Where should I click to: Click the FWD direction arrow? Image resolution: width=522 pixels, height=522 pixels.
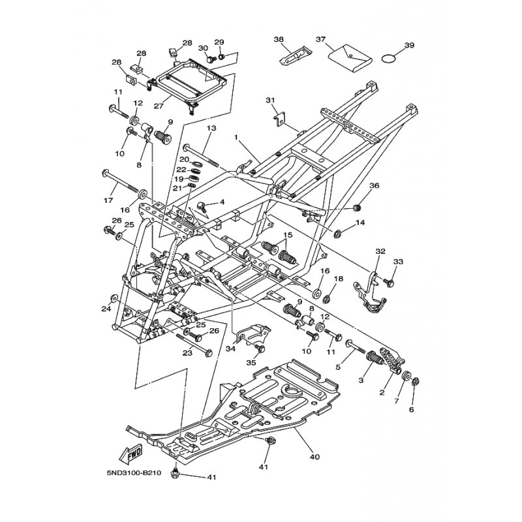click(x=130, y=453)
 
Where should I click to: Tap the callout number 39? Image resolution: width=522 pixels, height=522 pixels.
click(x=409, y=45)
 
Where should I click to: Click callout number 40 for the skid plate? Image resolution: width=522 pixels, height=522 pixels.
click(x=315, y=457)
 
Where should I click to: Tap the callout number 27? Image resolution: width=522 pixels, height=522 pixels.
click(x=159, y=106)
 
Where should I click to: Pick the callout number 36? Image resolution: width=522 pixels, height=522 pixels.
click(x=375, y=185)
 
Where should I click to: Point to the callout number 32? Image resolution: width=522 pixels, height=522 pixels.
click(x=380, y=251)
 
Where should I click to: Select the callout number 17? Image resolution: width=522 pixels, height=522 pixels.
click(x=108, y=200)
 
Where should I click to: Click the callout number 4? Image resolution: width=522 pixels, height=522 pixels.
click(x=222, y=202)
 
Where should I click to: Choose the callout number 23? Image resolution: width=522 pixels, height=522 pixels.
click(x=188, y=352)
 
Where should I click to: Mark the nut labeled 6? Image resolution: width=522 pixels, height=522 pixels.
click(x=416, y=382)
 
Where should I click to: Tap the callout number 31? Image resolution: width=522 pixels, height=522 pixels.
click(x=270, y=100)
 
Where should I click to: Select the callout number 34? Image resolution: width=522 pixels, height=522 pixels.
click(x=230, y=348)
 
